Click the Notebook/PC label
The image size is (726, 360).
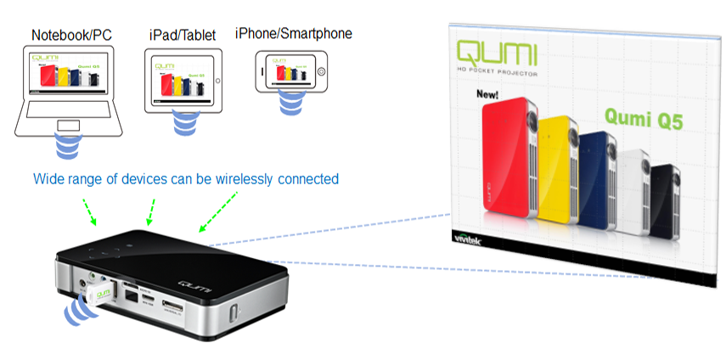[x=70, y=35]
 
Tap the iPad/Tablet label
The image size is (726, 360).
[x=183, y=35]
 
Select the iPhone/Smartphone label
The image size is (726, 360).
[x=293, y=34]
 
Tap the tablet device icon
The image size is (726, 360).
[x=184, y=79]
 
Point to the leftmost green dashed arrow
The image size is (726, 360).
[x=88, y=211]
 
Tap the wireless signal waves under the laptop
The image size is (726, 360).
[x=69, y=145]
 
